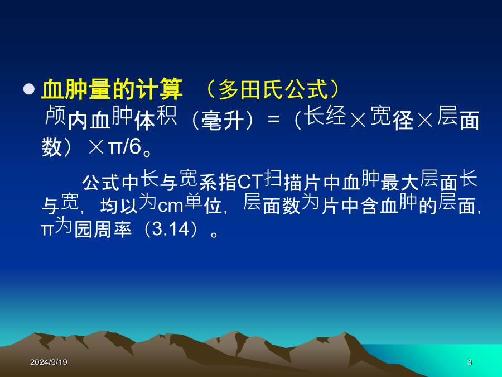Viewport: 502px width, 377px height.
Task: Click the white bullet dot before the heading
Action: point(29,89)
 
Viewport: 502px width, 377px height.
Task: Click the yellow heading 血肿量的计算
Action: point(112,89)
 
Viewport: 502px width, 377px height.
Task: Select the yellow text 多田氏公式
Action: point(273,89)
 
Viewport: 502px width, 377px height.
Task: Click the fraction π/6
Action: point(125,147)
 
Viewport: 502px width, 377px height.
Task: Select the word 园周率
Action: point(103,230)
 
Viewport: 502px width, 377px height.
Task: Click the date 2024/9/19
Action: point(49,362)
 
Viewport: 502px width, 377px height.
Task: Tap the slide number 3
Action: point(469,362)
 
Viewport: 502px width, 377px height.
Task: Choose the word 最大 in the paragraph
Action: point(399,183)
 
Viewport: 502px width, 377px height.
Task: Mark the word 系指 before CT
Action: point(218,183)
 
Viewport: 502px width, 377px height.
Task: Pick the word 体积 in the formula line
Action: point(155,118)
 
